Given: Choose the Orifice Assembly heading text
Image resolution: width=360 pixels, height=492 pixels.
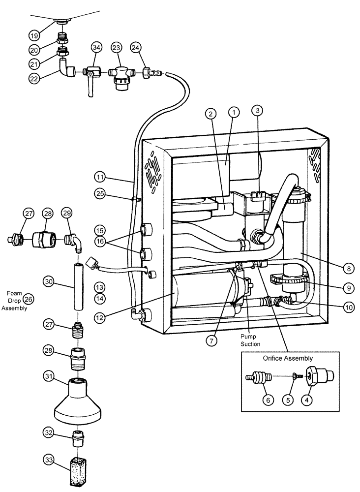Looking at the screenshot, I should [288, 358].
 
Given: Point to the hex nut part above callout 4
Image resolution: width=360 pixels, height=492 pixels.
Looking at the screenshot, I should [315, 377].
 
